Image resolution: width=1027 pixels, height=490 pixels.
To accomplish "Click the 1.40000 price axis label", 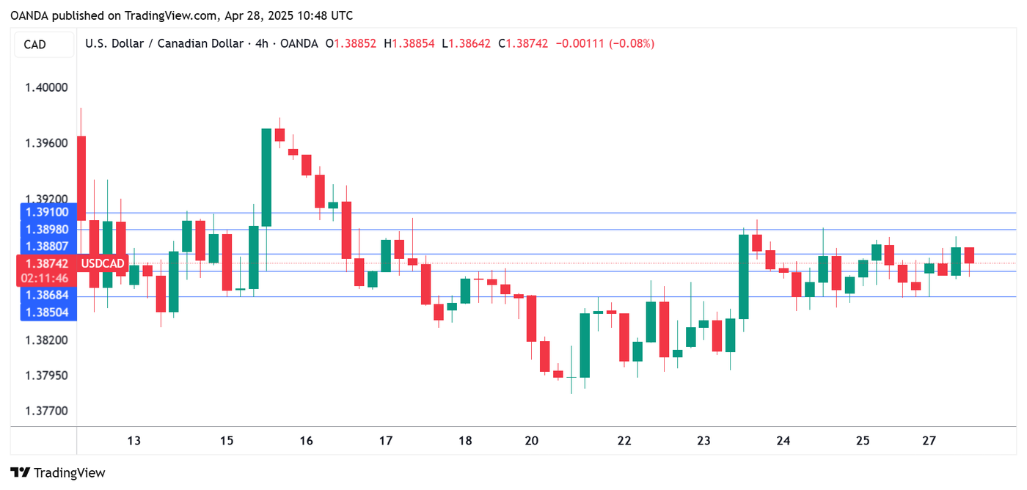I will [45, 87].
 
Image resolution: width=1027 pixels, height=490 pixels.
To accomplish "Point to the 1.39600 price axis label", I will [45, 142].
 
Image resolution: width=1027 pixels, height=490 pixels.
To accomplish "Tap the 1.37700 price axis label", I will [45, 410].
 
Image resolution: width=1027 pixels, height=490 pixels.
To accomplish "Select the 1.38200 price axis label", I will [45, 340].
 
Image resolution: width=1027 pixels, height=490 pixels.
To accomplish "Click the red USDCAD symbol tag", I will [102, 263].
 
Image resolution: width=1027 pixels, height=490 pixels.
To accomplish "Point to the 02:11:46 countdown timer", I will [45, 278].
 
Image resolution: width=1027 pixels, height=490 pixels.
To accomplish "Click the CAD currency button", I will [35, 45].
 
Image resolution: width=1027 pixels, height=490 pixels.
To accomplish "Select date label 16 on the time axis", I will [306, 441].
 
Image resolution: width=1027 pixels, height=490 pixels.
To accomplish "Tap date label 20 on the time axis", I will [532, 441].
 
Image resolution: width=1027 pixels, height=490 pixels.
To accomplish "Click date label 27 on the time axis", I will [929, 441].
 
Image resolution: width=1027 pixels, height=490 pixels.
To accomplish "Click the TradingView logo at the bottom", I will [58, 473].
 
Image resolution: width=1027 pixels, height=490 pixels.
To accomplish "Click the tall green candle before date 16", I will [267, 177].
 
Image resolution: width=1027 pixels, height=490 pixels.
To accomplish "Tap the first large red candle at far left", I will [81, 178].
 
